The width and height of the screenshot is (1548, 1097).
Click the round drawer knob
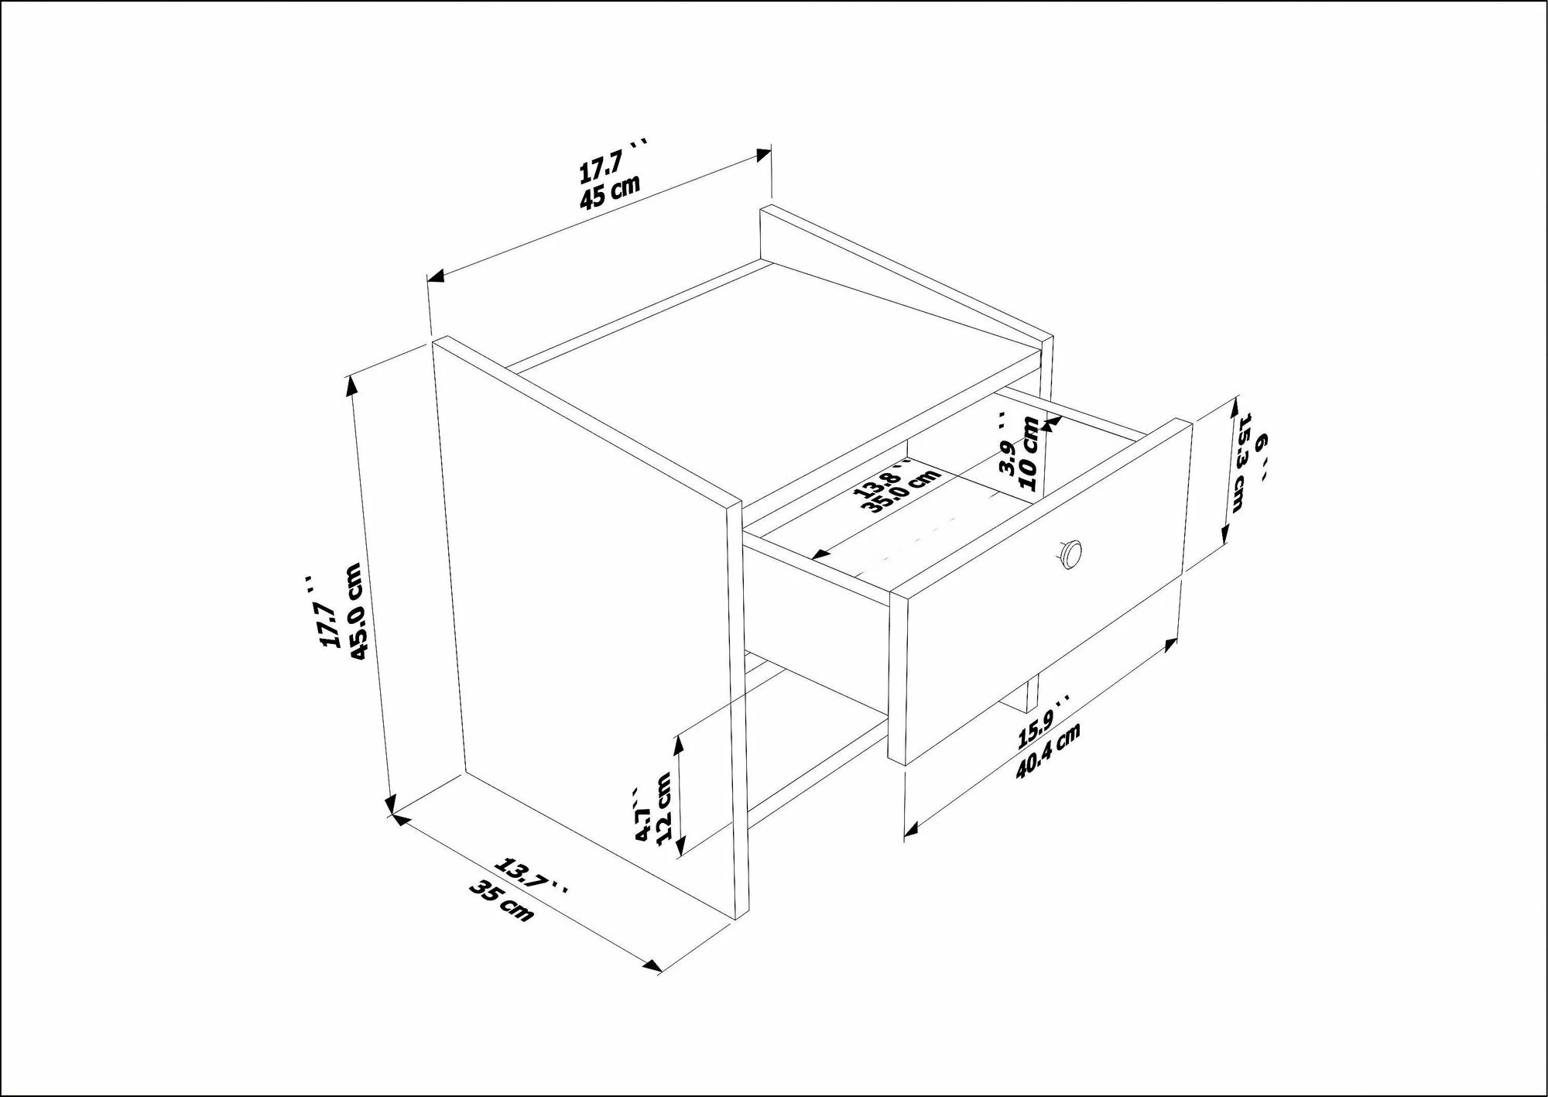(x=1070, y=553)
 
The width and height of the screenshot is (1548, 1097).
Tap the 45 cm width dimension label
(x=610, y=192)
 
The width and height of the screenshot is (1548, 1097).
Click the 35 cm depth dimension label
(x=502, y=903)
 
